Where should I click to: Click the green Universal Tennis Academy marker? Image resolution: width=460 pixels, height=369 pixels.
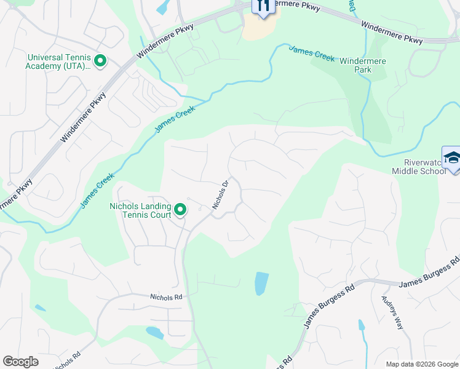(x=100, y=61)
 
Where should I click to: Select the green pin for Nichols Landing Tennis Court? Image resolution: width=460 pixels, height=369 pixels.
(x=180, y=210)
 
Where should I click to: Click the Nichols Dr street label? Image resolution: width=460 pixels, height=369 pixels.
(x=221, y=194)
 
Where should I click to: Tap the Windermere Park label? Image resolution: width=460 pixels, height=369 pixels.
(x=364, y=65)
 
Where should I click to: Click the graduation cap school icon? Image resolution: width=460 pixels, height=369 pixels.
(x=452, y=158)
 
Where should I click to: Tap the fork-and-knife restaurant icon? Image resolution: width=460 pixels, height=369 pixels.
(x=263, y=6)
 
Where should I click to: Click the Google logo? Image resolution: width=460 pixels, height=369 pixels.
(x=20, y=362)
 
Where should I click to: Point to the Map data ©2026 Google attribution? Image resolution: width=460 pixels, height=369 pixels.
(x=421, y=363)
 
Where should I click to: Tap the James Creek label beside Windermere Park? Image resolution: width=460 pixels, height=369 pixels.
(x=311, y=54)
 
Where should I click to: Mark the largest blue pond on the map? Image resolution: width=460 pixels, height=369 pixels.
(x=261, y=284)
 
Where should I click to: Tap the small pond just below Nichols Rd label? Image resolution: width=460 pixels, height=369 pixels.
(x=154, y=333)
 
